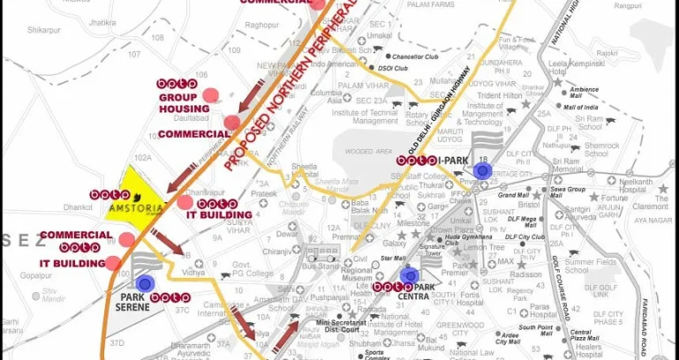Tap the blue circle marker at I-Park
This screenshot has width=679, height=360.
point(482,171)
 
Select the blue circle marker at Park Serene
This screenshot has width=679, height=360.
point(146,283)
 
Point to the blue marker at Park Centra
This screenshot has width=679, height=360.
point(408,276)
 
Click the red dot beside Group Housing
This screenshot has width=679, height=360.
point(210,95)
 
